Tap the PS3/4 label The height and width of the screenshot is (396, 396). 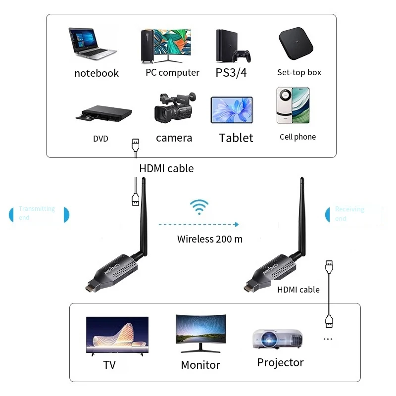tap(231, 73)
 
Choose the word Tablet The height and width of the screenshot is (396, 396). tap(236, 138)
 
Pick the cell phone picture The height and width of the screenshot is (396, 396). tap(293, 105)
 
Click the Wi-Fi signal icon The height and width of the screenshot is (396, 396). tap(200, 207)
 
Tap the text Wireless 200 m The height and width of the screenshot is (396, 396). tap(210, 239)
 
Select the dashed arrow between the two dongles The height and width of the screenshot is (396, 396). tap(198, 224)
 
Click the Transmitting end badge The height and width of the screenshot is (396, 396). tap(39, 213)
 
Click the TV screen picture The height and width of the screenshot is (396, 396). tap(117, 335)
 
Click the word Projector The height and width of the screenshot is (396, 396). tap(280, 362)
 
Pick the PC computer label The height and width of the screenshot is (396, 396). tap(172, 73)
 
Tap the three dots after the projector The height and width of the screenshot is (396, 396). tap(328, 340)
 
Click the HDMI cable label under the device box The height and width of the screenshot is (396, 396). tap(166, 168)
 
